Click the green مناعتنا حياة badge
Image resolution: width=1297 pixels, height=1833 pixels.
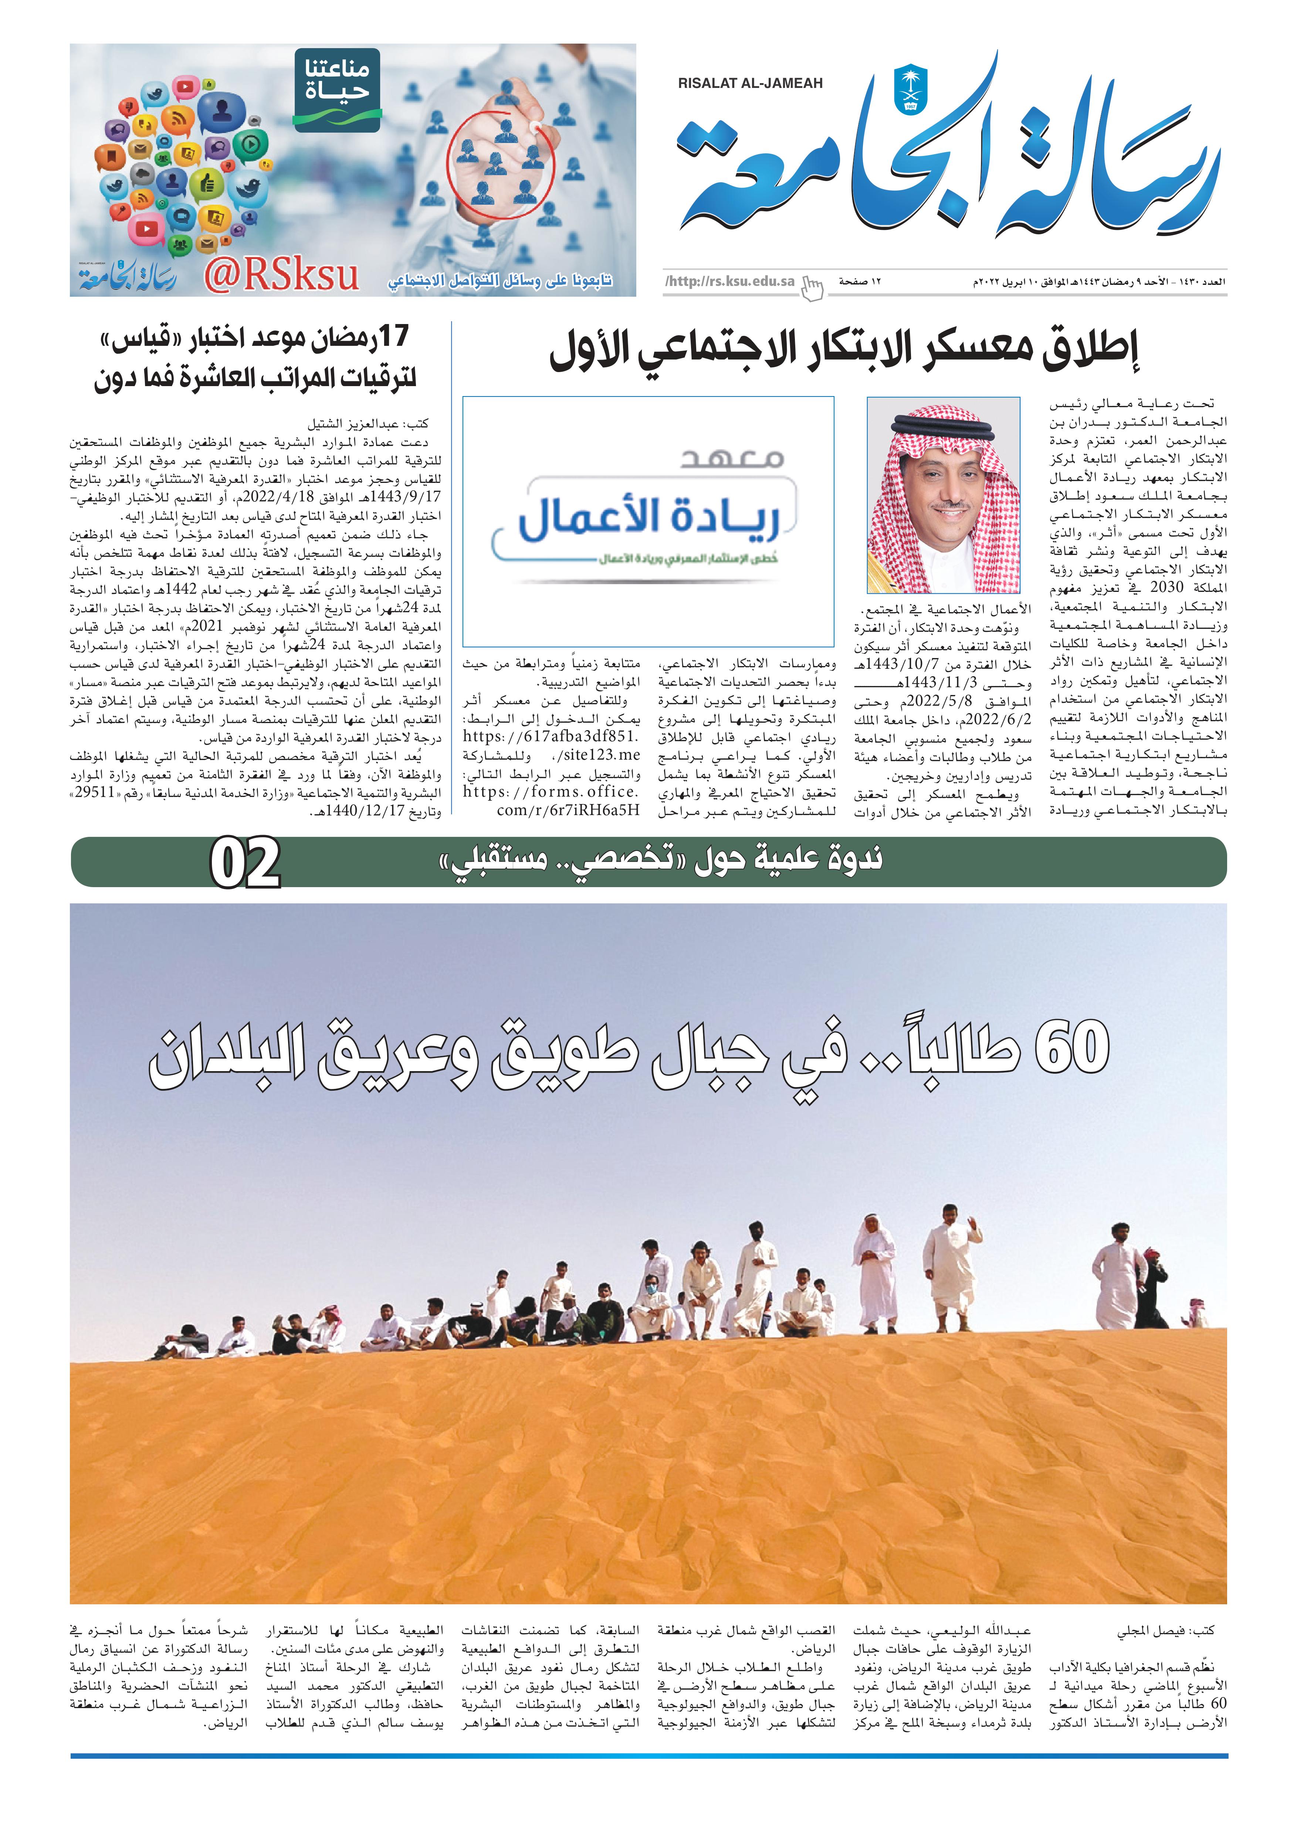pos(337,89)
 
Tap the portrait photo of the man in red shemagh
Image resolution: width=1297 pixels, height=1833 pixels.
pos(943,495)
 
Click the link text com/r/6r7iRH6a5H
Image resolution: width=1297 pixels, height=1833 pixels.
pos(568,810)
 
